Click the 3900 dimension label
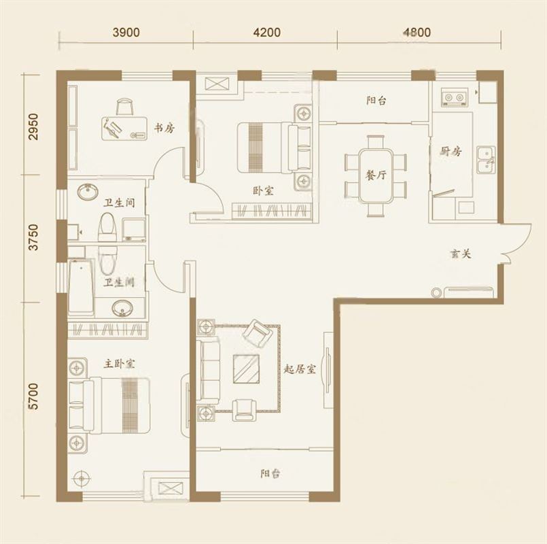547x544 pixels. pyautogui.click(x=126, y=33)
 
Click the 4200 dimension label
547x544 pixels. pyautogui.click(x=267, y=33)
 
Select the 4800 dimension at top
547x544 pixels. pyautogui.click(x=417, y=33)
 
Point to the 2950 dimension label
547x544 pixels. pyautogui.click(x=33, y=126)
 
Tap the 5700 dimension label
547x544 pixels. pyautogui.click(x=33, y=396)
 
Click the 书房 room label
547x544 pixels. pyautogui.click(x=164, y=128)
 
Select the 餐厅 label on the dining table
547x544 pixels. pyautogui.click(x=376, y=175)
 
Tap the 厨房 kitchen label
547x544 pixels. pyautogui.click(x=451, y=151)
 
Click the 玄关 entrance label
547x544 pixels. pyautogui.click(x=461, y=254)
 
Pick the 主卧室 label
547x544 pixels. pyautogui.click(x=120, y=364)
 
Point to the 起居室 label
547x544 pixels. pyautogui.click(x=300, y=369)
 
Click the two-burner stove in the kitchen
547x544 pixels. pyautogui.click(x=454, y=97)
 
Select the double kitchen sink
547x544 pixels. pyautogui.click(x=486, y=160)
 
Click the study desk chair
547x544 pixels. pyautogui.click(x=124, y=106)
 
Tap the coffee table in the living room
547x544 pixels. pyautogui.click(x=246, y=369)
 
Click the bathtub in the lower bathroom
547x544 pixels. pyautogui.click(x=82, y=287)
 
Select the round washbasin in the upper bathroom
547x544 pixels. pyautogui.click(x=88, y=192)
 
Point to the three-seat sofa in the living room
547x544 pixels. pyautogui.click(x=209, y=372)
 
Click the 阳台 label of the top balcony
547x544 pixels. pyautogui.click(x=376, y=101)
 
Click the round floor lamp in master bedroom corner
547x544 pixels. pyautogui.click(x=82, y=478)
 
